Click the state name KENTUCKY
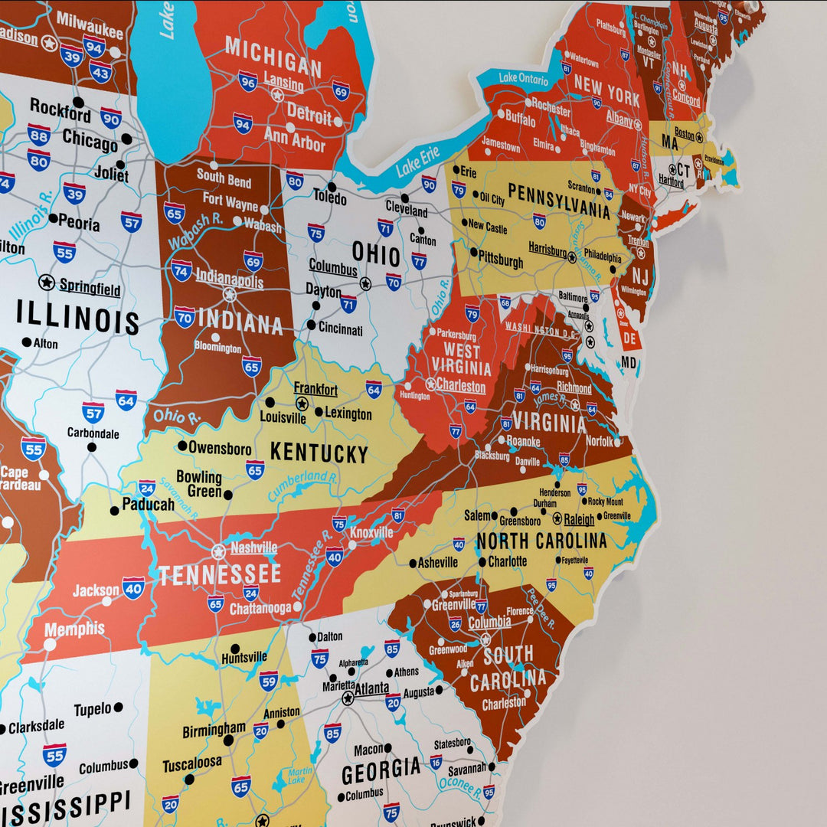click(319, 453)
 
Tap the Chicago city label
click(90, 139)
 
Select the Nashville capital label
click(253, 548)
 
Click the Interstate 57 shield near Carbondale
click(93, 412)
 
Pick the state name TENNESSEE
click(220, 574)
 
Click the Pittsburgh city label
click(502, 262)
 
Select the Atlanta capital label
click(371, 688)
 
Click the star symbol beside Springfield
click(47, 283)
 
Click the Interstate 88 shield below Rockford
click(39, 136)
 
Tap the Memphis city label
click(74, 629)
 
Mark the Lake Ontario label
click(524, 78)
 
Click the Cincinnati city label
click(340, 330)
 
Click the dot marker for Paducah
click(114, 510)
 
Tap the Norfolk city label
click(600, 441)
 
